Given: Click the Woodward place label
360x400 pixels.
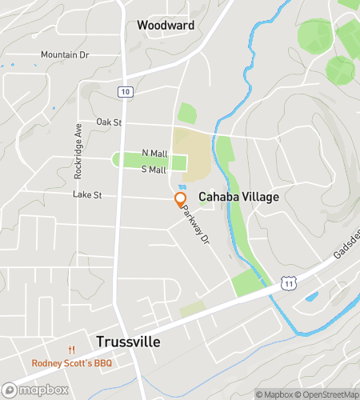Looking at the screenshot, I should (166, 26).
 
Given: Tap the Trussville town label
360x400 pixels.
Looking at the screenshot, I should (128, 342).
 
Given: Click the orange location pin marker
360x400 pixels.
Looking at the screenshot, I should (181, 198).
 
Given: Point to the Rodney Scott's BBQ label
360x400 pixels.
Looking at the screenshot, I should (72, 363).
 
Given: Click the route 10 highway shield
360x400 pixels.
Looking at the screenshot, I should (124, 92).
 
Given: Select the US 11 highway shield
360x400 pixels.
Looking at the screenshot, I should (288, 284).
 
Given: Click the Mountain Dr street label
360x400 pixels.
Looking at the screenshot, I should (64, 54).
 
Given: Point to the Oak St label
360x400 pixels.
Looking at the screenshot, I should (108, 122).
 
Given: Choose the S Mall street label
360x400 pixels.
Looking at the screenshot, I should (153, 170).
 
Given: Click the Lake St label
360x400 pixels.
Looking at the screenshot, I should (87, 194).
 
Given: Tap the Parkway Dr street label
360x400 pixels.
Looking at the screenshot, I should (194, 225).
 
